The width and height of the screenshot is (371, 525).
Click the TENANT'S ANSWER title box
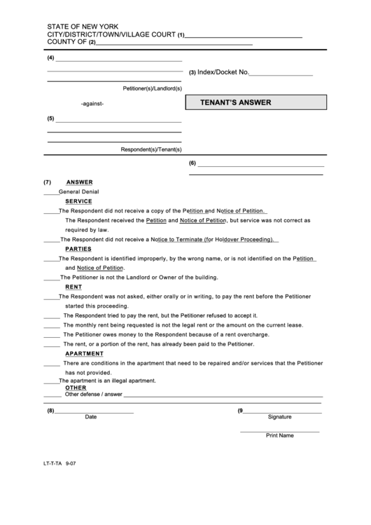tap(255, 102)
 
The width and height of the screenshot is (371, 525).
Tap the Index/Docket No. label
tap(223, 72)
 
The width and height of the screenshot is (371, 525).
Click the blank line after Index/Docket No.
tap(281, 74)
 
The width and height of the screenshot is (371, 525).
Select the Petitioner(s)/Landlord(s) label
tap(152, 88)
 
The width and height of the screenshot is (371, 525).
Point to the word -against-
tap(92, 104)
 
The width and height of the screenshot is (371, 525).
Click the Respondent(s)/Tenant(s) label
tap(151, 149)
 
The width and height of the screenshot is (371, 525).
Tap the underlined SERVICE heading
tap(78, 200)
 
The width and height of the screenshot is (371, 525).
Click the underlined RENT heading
tap(73, 287)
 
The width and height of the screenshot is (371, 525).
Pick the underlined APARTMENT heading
tap(85, 354)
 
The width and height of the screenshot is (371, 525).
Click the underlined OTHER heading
tap(76, 388)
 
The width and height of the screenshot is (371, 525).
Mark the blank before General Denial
tap(50, 192)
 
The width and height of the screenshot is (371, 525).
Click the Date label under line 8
tap(91, 416)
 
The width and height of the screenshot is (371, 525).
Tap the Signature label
tap(279, 416)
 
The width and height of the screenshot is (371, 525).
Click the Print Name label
tap(279, 435)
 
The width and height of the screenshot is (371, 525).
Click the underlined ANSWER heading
tap(79, 182)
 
